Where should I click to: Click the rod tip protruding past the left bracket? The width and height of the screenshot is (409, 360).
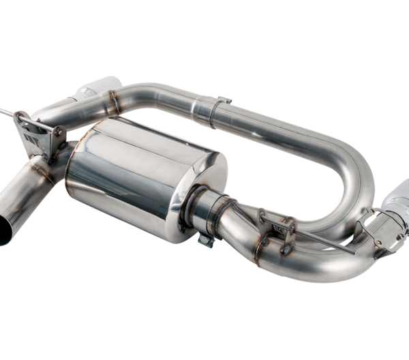(x=5, y=110)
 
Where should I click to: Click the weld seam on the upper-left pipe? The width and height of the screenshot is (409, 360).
(x=115, y=102)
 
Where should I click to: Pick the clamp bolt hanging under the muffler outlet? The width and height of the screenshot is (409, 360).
(x=205, y=239)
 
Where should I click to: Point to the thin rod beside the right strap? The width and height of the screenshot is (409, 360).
(x=327, y=242)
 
